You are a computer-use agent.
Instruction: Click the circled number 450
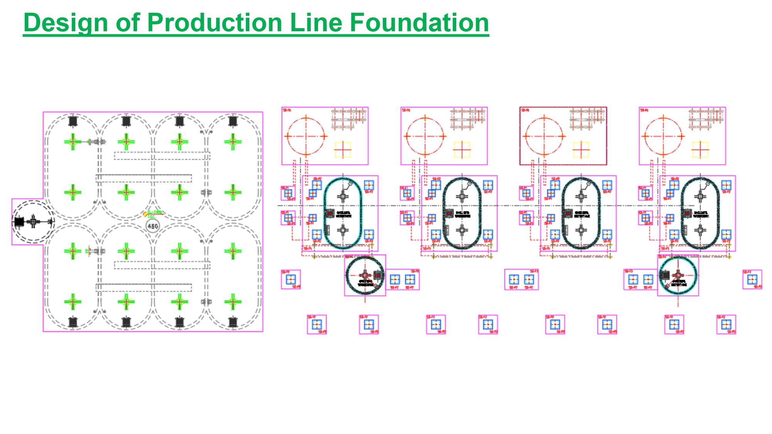pyautogui.click(x=153, y=226)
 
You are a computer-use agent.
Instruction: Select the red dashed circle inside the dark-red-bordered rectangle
pyautogui.click(x=544, y=136)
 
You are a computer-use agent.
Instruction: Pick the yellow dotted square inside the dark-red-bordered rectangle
pyautogui.click(x=581, y=150)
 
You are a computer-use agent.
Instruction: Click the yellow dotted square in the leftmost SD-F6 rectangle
pyautogui.click(x=343, y=150)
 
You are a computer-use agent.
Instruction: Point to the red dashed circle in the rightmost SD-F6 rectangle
pyautogui.click(x=663, y=136)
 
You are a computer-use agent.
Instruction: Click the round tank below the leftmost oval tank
pyautogui.click(x=365, y=275)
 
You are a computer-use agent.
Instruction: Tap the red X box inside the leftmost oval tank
pyautogui.click(x=330, y=213)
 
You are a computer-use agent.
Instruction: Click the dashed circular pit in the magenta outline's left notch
pyautogui.click(x=32, y=222)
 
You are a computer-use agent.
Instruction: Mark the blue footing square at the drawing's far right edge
pyautogui.click(x=752, y=279)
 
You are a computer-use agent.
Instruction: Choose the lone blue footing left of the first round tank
pyautogui.click(x=291, y=279)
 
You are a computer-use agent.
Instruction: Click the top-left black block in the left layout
pyautogui.click(x=73, y=121)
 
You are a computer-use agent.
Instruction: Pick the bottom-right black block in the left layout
pyautogui.click(x=232, y=322)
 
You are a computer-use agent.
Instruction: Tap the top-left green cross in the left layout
pyautogui.click(x=73, y=142)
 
